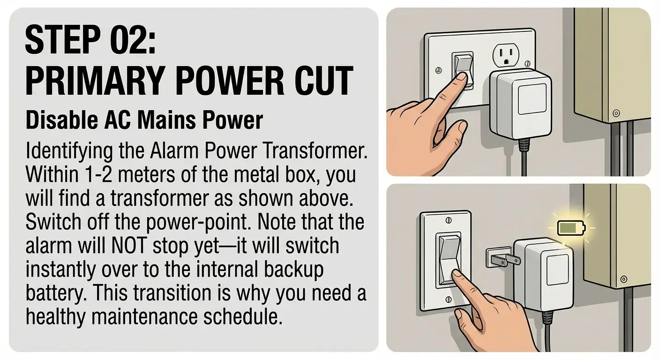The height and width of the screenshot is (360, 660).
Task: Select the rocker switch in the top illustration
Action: tap(462, 69)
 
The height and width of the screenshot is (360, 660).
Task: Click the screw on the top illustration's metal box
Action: tap(616, 112)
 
